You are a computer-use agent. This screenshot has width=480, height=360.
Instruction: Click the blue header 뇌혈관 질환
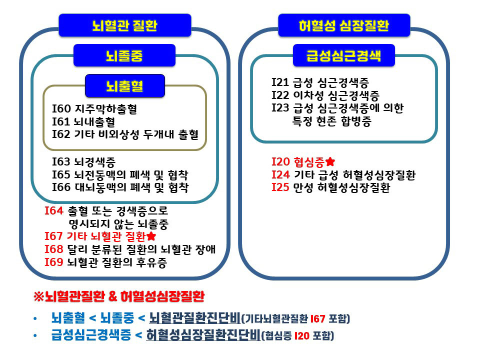pyautogui.click(x=125, y=25)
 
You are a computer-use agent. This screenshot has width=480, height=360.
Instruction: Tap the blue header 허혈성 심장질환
pyautogui.click(x=344, y=25)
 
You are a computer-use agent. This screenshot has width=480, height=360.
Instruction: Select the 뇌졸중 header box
pyautogui.click(x=124, y=55)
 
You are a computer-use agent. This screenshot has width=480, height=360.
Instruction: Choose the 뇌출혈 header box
pyautogui.click(x=125, y=85)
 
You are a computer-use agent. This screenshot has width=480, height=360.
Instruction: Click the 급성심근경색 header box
pyautogui.click(x=344, y=55)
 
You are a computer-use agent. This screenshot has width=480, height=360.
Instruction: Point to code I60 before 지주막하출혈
pyautogui.click(x=61, y=108)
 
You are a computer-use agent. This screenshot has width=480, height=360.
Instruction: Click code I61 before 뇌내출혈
pyautogui.click(x=61, y=121)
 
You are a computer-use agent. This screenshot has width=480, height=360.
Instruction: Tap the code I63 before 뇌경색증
pyautogui.click(x=61, y=161)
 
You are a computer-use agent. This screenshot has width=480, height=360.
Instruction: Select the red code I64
pyautogui.click(x=54, y=210)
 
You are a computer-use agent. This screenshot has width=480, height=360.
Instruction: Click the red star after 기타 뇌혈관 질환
pyautogui.click(x=151, y=236)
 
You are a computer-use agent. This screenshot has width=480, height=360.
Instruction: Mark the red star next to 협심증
pyautogui.click(x=330, y=161)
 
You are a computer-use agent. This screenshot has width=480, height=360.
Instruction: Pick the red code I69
pyautogui.click(x=54, y=262)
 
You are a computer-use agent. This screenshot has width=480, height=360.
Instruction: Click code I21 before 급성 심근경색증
pyautogui.click(x=280, y=82)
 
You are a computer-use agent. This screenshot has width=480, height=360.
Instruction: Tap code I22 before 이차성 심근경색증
pyautogui.click(x=280, y=95)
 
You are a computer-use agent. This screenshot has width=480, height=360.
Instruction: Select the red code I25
pyautogui.click(x=280, y=187)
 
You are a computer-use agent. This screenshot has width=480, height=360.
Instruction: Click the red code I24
pyautogui.click(x=280, y=174)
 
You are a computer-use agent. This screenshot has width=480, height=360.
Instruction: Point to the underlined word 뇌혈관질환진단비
pyautogui.click(x=194, y=318)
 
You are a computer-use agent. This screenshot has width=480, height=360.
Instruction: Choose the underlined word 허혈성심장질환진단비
pyautogui.click(x=203, y=335)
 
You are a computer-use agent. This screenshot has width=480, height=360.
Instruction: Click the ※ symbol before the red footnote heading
pyautogui.click(x=39, y=296)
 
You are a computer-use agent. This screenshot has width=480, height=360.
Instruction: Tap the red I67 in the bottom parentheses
pyautogui.click(x=317, y=319)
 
